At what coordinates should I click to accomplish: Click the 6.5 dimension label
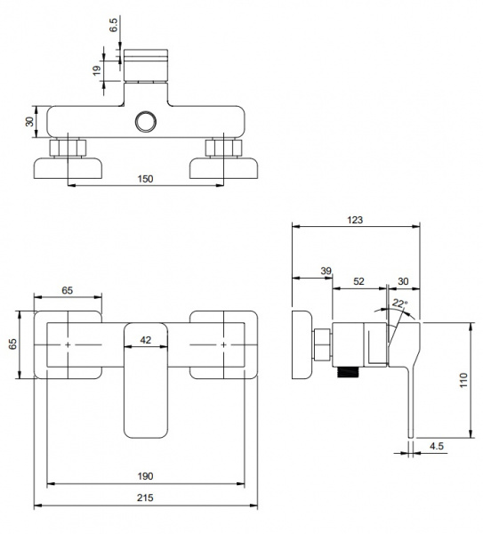coord(113,25)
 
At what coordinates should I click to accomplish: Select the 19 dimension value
coord(97,70)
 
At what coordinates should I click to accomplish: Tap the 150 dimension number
coord(145,179)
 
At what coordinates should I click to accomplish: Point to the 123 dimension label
coord(355,220)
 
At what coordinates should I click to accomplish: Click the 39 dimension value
coord(326,271)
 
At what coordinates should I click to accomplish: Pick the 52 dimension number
coord(358,281)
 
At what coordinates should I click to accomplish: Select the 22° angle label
coord(399,303)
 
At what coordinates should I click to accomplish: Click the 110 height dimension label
coord(463,380)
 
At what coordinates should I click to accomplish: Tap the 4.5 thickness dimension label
coord(437,446)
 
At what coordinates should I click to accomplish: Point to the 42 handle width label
coord(146,340)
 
